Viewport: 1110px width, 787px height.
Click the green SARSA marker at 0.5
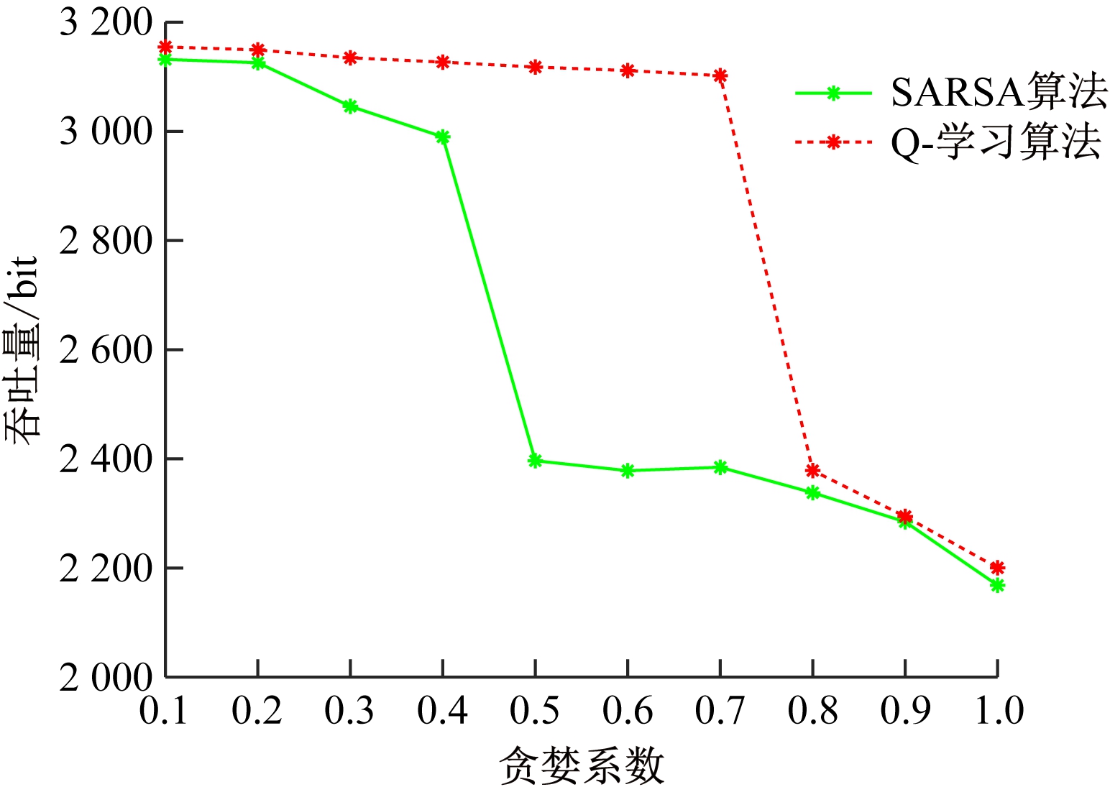click(x=535, y=461)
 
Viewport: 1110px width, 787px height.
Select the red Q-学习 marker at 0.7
click(x=720, y=75)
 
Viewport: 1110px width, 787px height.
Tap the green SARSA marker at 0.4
click(x=443, y=137)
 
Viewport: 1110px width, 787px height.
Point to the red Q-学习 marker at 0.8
click(x=812, y=471)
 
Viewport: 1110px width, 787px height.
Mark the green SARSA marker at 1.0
click(x=997, y=585)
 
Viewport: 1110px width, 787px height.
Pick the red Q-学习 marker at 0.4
click(x=443, y=62)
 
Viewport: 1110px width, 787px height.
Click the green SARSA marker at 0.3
click(x=350, y=106)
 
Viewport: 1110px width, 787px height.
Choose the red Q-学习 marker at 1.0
click(x=997, y=567)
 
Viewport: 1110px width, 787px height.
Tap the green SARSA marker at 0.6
click(x=628, y=471)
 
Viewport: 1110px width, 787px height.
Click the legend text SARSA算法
click(x=999, y=93)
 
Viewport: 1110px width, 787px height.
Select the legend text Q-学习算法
click(x=996, y=142)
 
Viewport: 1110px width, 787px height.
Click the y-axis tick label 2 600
click(x=106, y=351)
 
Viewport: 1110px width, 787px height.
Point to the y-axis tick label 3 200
click(x=106, y=24)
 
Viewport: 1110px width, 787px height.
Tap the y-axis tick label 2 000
click(x=106, y=677)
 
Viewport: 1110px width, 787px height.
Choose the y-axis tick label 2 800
click(x=106, y=241)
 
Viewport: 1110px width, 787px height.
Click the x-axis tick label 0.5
click(x=535, y=711)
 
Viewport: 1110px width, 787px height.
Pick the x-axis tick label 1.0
click(x=998, y=711)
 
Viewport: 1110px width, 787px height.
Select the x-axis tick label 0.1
click(x=165, y=711)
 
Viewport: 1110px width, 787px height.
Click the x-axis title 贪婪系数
click(x=582, y=765)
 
